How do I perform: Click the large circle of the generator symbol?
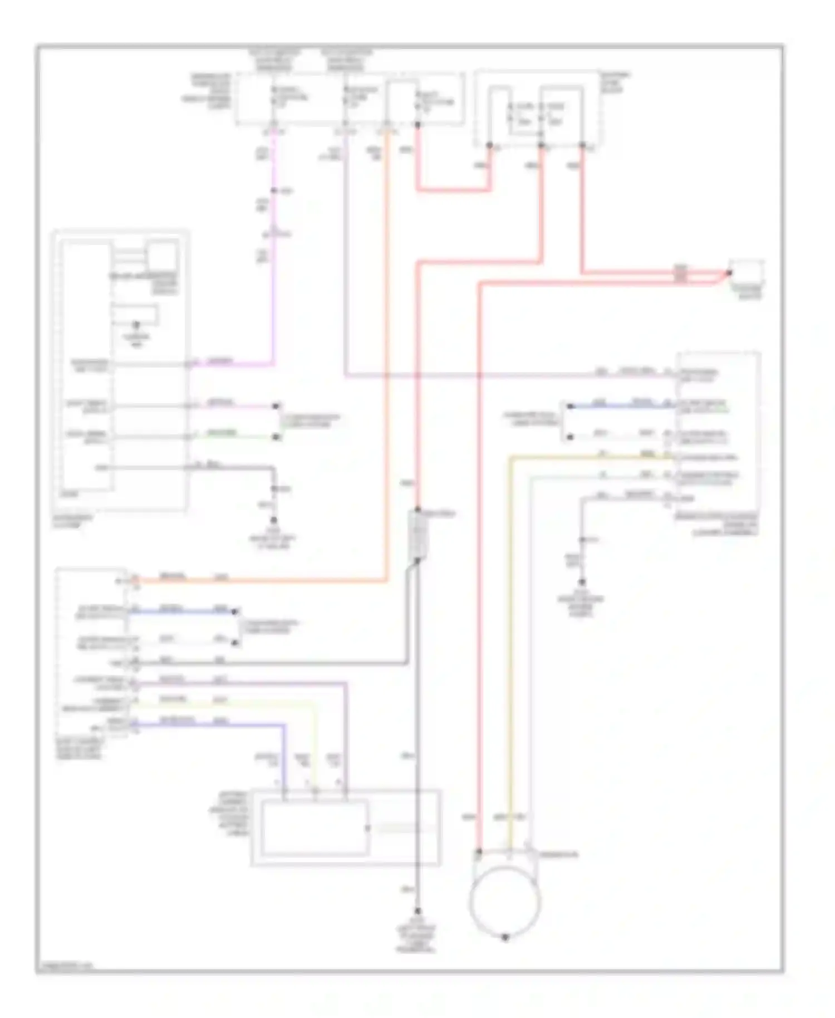505,902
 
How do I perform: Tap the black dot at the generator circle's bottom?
505,938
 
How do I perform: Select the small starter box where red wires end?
747,272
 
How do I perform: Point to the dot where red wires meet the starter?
729,273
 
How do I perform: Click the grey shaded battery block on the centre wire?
418,536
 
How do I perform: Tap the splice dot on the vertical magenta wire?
275,191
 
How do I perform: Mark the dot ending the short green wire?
276,437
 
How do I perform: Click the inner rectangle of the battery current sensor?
315,828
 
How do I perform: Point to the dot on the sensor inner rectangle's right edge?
368,828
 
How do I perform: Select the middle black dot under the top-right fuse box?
541,146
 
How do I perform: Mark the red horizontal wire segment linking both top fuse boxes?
454,190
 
